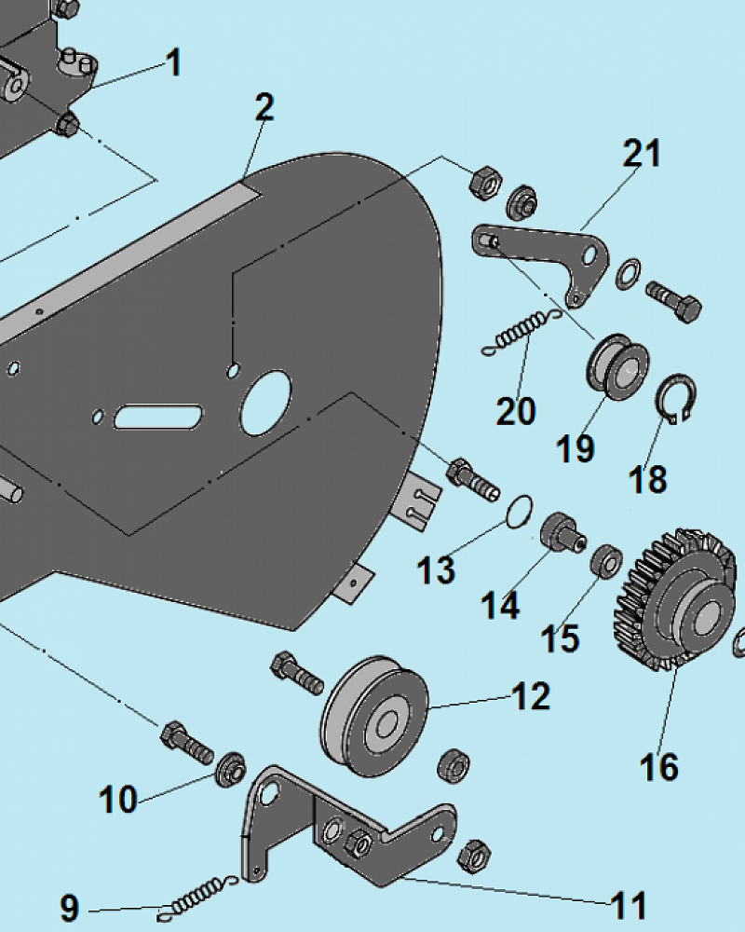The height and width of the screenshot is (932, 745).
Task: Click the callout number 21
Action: (x=642, y=154)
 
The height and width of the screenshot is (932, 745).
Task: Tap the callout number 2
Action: (x=264, y=107)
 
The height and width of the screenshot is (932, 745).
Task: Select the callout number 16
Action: (x=658, y=767)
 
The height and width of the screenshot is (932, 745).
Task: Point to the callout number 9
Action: (x=70, y=908)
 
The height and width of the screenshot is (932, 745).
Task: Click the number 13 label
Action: (x=436, y=570)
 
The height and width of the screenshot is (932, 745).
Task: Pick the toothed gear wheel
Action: (x=674, y=598)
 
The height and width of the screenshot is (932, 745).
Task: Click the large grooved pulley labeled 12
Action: (x=374, y=716)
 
